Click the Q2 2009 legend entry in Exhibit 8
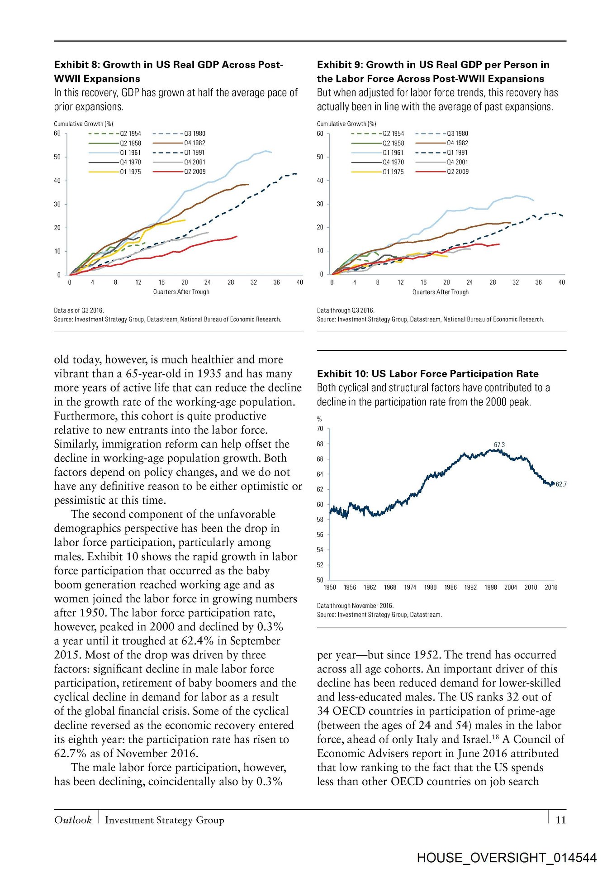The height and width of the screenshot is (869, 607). (x=194, y=172)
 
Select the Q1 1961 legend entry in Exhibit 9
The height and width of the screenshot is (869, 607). (x=393, y=153)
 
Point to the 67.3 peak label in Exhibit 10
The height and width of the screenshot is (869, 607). (x=499, y=444)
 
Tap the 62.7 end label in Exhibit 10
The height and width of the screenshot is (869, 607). (x=561, y=484)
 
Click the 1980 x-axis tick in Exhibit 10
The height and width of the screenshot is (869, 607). (x=430, y=587)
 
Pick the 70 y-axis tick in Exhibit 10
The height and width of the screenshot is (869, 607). (x=320, y=428)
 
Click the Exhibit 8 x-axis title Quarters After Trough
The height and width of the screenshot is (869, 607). (x=181, y=292)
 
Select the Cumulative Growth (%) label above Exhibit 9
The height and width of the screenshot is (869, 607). (x=346, y=124)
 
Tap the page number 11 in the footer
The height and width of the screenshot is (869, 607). (x=560, y=820)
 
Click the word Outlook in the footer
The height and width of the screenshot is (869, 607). (x=73, y=820)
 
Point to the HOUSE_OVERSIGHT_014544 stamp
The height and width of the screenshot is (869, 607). (x=507, y=857)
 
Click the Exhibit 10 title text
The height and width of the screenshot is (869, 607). (x=427, y=373)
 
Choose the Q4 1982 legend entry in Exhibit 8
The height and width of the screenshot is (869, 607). (x=194, y=143)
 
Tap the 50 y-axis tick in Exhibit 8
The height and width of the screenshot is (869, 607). (x=57, y=157)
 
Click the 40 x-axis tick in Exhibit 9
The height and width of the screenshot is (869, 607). (x=561, y=282)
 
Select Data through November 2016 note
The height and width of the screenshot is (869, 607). (x=355, y=606)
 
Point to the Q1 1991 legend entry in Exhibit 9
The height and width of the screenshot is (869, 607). (x=457, y=153)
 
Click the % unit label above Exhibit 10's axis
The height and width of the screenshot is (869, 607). (x=319, y=419)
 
